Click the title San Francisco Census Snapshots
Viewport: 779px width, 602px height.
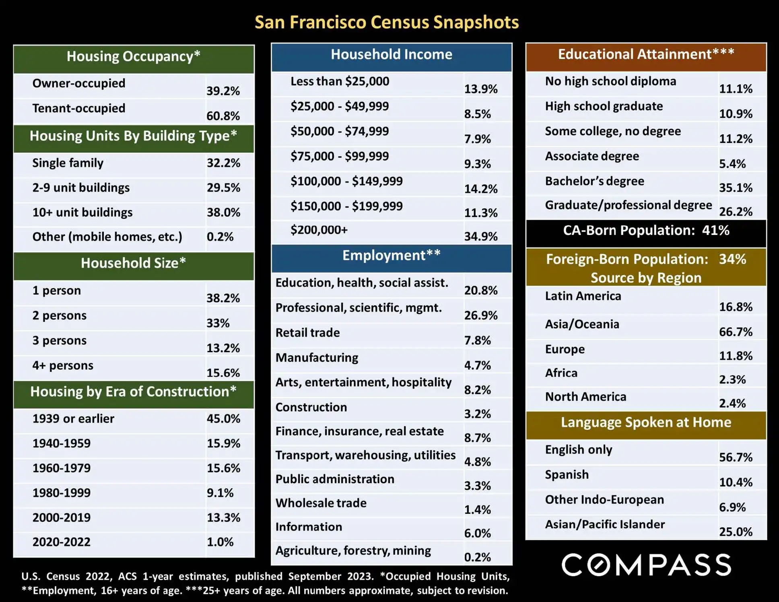386,22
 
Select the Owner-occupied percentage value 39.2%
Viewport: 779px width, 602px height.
223,91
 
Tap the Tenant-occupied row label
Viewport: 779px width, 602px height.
79,108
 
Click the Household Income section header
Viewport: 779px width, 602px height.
391,55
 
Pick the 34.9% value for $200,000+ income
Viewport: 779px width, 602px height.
481,236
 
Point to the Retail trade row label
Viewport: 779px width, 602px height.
307,333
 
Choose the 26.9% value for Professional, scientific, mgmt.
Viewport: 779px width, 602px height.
481,315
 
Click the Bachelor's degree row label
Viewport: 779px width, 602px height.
594,181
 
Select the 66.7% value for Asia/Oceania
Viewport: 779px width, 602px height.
736,332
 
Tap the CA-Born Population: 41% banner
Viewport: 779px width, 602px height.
646,231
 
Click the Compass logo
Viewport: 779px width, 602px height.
646,565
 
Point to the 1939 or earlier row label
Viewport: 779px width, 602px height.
73,419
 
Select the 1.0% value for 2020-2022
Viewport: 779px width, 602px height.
220,542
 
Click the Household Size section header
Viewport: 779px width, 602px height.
133,263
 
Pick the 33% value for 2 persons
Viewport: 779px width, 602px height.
218,323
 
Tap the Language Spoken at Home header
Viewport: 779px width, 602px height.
646,423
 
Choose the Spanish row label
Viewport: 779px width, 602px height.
567,475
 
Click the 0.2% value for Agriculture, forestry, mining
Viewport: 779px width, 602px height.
477,557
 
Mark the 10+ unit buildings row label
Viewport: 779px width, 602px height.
82,212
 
